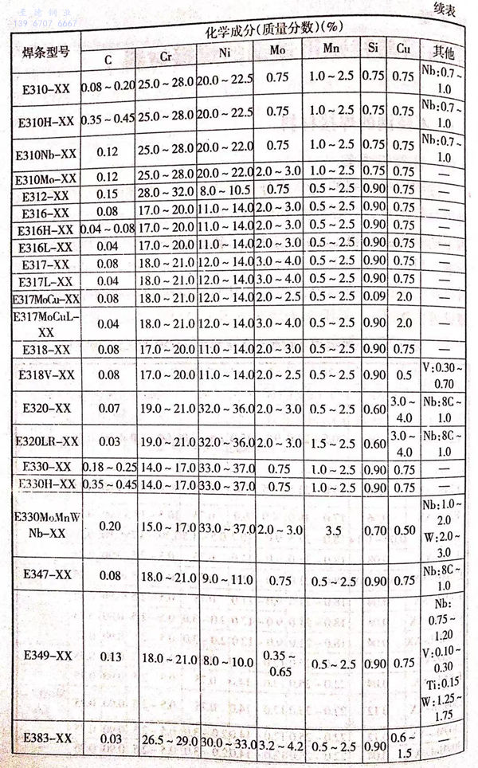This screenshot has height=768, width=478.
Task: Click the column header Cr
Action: coord(164,58)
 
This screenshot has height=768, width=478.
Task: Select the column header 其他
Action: coord(443,49)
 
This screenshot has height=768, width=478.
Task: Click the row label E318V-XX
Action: coord(45,374)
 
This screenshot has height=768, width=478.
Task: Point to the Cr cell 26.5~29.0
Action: coord(165,745)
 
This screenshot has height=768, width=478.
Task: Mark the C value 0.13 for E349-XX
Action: coord(107,655)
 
